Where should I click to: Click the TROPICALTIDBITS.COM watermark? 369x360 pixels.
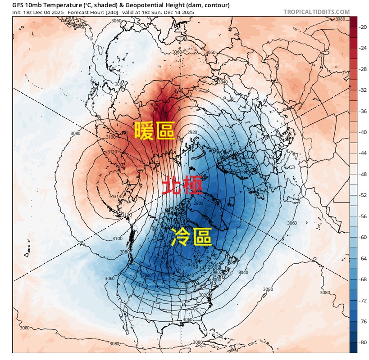pyautogui.click(x=316, y=12)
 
